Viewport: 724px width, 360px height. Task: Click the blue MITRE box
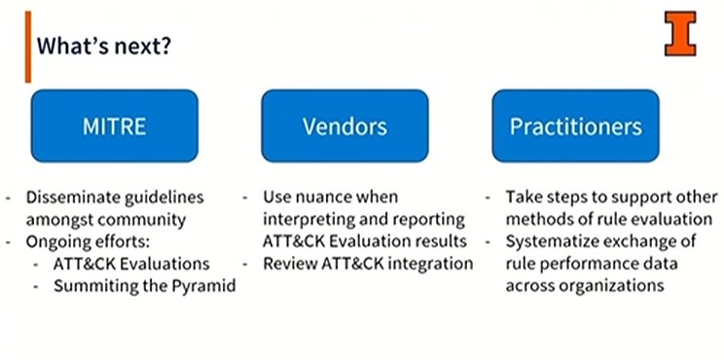coord(114,126)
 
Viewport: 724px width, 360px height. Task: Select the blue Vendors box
coord(344,126)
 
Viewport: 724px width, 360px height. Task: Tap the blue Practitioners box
coord(575,126)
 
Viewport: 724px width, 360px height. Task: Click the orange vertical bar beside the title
coord(29,46)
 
